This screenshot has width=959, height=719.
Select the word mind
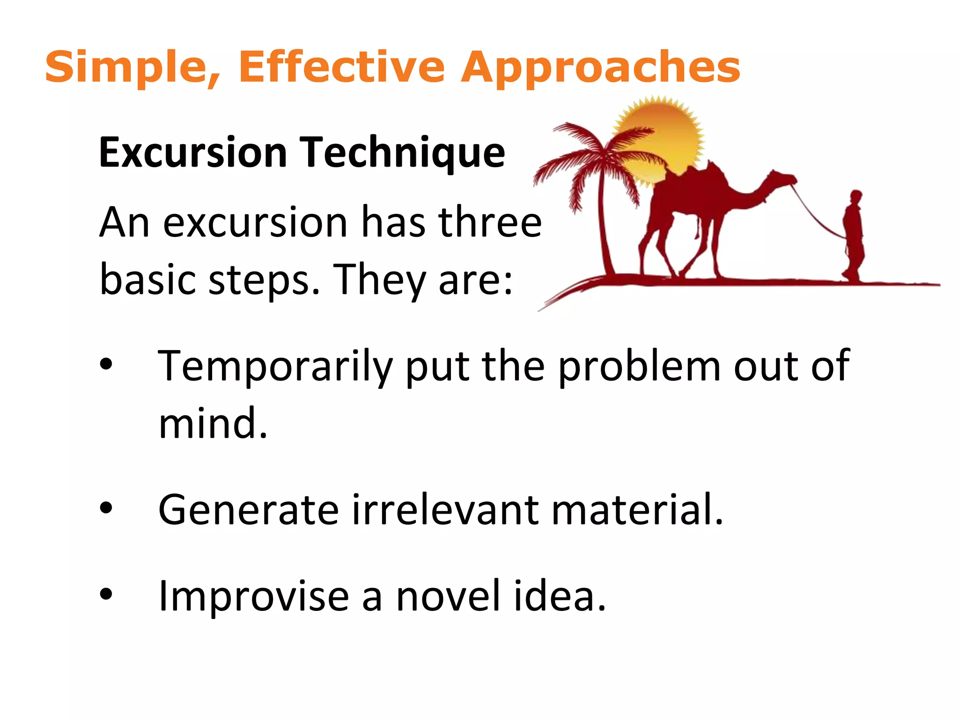pyautogui.click(x=213, y=423)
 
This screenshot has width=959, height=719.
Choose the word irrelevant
pyautogui.click(x=445, y=510)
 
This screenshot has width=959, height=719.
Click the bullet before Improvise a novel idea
pyautogui.click(x=106, y=594)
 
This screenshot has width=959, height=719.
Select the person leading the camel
pyautogui.click(x=854, y=234)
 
